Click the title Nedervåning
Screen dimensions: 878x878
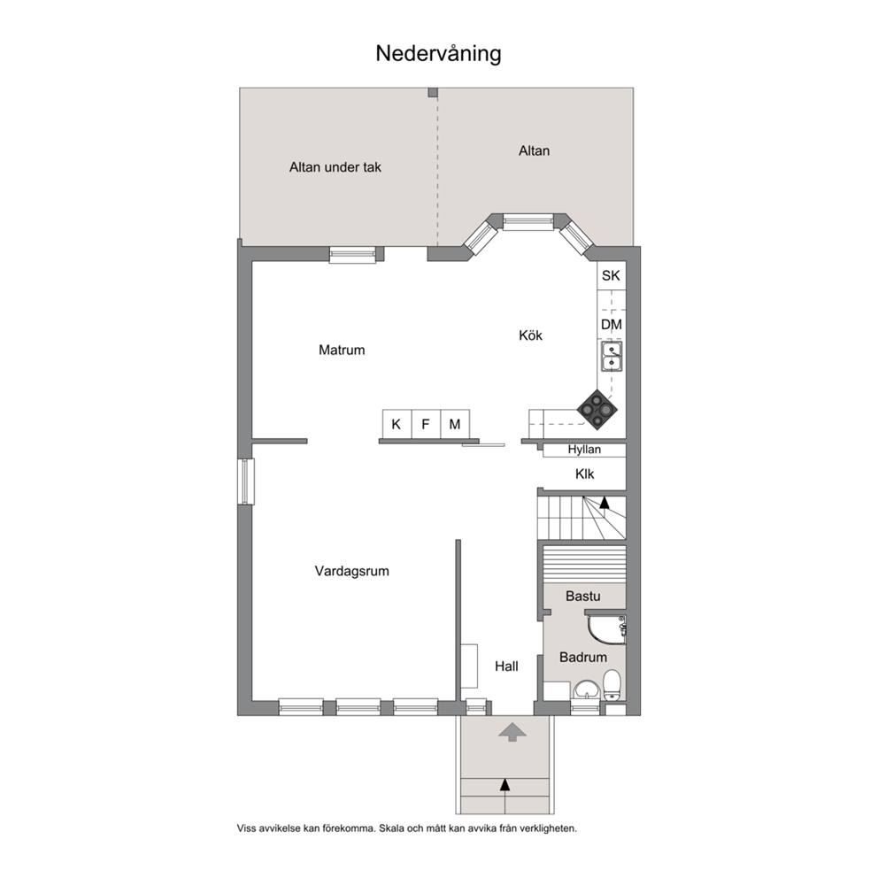(x=438, y=54)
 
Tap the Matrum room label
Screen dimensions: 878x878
(x=342, y=350)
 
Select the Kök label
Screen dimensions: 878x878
(x=531, y=335)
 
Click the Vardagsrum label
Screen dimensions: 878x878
(x=351, y=571)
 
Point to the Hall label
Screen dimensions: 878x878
(x=507, y=666)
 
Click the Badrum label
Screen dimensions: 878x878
(x=583, y=658)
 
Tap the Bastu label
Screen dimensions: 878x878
(x=583, y=596)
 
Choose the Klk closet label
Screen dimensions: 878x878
(x=584, y=474)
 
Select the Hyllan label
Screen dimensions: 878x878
(x=584, y=449)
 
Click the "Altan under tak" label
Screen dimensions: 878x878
(x=335, y=167)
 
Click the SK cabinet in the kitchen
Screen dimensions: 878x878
(x=611, y=275)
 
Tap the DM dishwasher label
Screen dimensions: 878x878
(x=612, y=325)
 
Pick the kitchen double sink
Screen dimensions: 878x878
(x=612, y=357)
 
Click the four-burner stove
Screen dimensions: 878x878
(x=597, y=409)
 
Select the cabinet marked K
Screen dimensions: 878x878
(x=397, y=424)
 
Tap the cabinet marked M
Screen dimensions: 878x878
(x=455, y=424)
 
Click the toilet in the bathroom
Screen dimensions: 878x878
(x=612, y=685)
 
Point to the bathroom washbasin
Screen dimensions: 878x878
(x=586, y=690)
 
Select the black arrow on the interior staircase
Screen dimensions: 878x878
(x=605, y=502)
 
